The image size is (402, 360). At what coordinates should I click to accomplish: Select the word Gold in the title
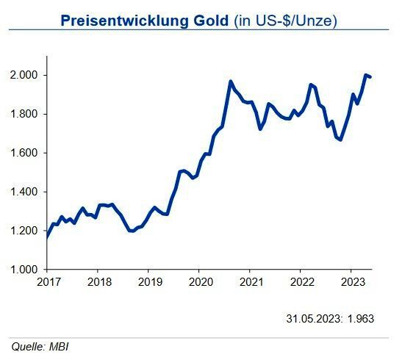210,21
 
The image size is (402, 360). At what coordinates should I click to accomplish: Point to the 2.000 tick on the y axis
27,76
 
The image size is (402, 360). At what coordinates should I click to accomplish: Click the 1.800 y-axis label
27,115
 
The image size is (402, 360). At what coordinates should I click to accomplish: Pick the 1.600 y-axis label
27,154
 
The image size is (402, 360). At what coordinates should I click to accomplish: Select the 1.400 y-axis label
27,192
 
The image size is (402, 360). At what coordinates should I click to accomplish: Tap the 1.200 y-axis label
27,231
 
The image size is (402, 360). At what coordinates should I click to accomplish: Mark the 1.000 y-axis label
27,270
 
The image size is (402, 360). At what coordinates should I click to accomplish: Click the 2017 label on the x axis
47,282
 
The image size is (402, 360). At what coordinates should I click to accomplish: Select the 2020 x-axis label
200,282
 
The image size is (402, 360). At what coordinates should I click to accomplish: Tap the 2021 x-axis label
251,282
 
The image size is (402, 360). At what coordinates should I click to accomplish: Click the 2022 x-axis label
301,282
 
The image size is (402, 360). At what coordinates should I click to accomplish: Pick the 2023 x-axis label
352,282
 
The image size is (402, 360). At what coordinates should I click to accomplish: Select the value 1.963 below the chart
362,319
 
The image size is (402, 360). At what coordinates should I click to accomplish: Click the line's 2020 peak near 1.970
231,82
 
